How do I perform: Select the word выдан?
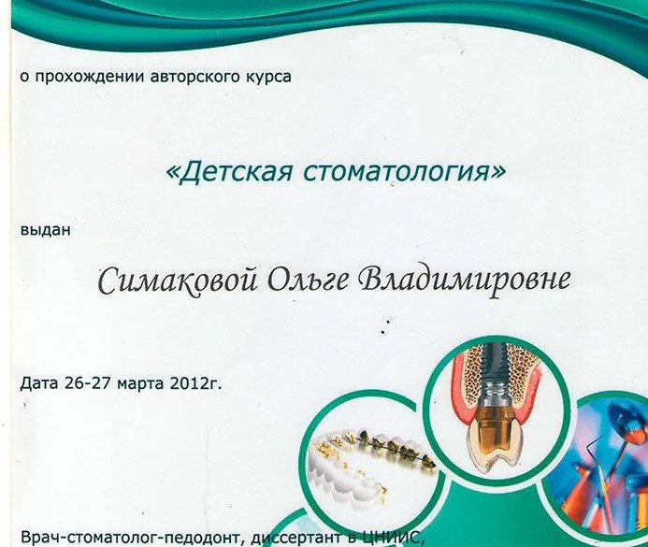46,229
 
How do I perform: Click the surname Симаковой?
178,281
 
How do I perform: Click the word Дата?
39,383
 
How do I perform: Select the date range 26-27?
88,383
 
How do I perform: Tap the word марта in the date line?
141,384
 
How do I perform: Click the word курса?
264,78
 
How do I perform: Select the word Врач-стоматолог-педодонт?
130,539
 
